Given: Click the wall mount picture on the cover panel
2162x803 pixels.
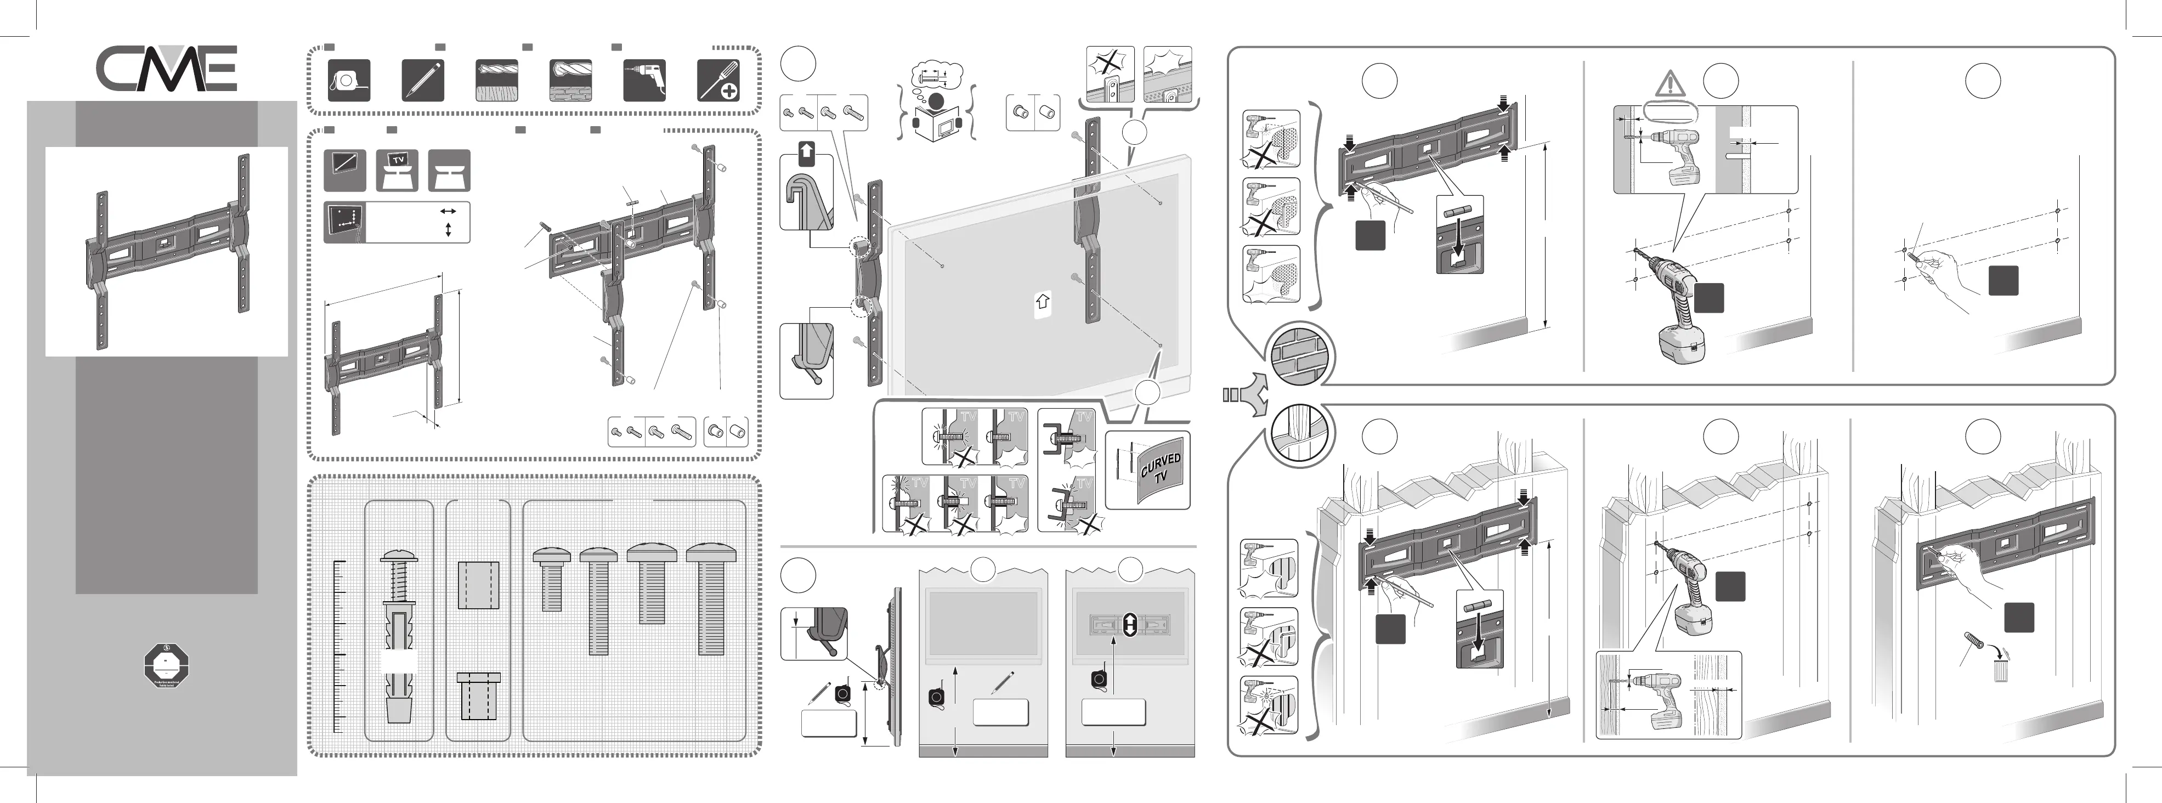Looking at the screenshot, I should click(x=166, y=252).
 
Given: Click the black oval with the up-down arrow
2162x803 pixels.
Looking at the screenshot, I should click(x=1129, y=624).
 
